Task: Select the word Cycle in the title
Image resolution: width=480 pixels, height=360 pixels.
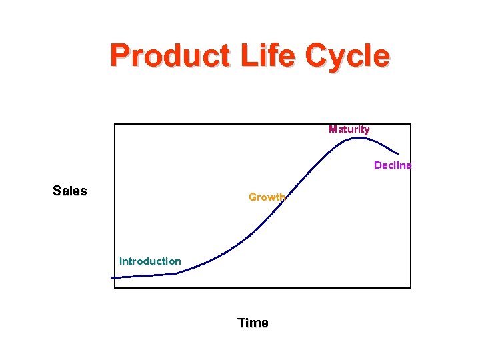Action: (x=347, y=55)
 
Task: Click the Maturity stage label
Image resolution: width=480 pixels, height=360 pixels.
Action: (x=349, y=129)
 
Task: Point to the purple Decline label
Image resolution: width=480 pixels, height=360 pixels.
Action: (x=393, y=165)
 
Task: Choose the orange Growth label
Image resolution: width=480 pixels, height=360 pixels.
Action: (x=267, y=197)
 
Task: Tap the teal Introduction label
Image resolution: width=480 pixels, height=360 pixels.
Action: (x=150, y=261)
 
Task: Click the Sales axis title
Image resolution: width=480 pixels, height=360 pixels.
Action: (x=70, y=191)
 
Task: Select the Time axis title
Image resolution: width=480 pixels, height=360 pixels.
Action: (x=253, y=323)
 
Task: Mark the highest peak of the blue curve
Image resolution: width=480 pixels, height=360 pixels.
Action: (x=359, y=138)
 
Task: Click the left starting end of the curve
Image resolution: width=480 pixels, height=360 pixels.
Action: (x=112, y=277)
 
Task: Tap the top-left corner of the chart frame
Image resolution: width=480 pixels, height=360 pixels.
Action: (x=115, y=124)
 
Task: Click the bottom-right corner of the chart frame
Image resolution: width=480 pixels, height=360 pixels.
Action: (x=411, y=288)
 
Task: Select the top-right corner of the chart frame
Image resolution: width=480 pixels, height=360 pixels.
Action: (x=411, y=124)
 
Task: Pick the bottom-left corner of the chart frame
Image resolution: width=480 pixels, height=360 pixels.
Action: (x=115, y=288)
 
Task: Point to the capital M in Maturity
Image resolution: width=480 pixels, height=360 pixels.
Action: (x=333, y=129)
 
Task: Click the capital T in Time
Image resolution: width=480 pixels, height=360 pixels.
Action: (x=241, y=323)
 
